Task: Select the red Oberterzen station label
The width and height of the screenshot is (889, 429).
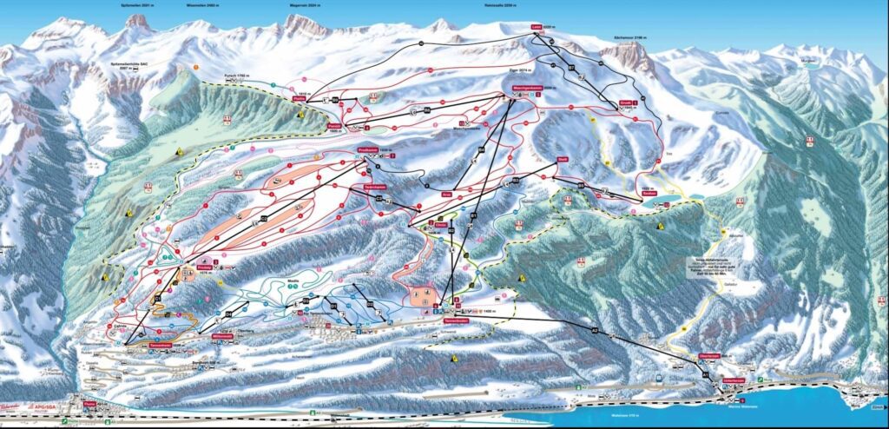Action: point(709,354)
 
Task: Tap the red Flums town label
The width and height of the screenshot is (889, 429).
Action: point(89,403)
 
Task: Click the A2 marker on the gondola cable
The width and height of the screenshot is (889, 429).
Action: point(595,331)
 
